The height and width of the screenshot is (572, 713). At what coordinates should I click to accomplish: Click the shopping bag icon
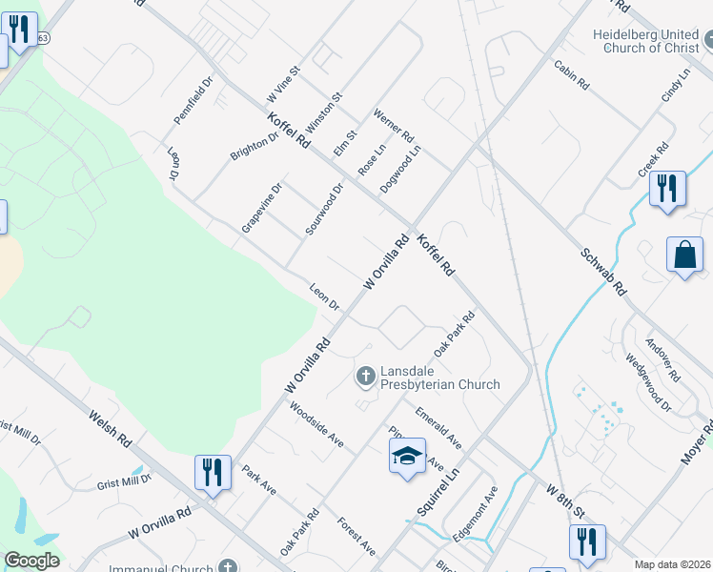tap(684, 255)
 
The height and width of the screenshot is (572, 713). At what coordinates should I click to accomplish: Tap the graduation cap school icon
tap(407, 456)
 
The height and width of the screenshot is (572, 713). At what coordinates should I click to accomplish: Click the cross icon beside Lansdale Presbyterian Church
tap(364, 377)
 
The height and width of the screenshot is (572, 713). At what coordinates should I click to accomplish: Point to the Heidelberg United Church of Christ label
tap(646, 41)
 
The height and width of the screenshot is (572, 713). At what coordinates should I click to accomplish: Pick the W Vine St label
tap(284, 84)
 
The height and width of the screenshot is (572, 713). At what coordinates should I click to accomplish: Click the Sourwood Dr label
tap(324, 209)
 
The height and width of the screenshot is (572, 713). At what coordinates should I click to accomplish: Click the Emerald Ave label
tap(438, 430)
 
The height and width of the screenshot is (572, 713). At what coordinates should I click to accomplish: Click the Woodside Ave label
tap(317, 425)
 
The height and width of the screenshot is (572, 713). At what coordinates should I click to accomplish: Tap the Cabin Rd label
tap(572, 75)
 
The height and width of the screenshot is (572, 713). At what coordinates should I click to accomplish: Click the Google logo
tap(32, 561)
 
